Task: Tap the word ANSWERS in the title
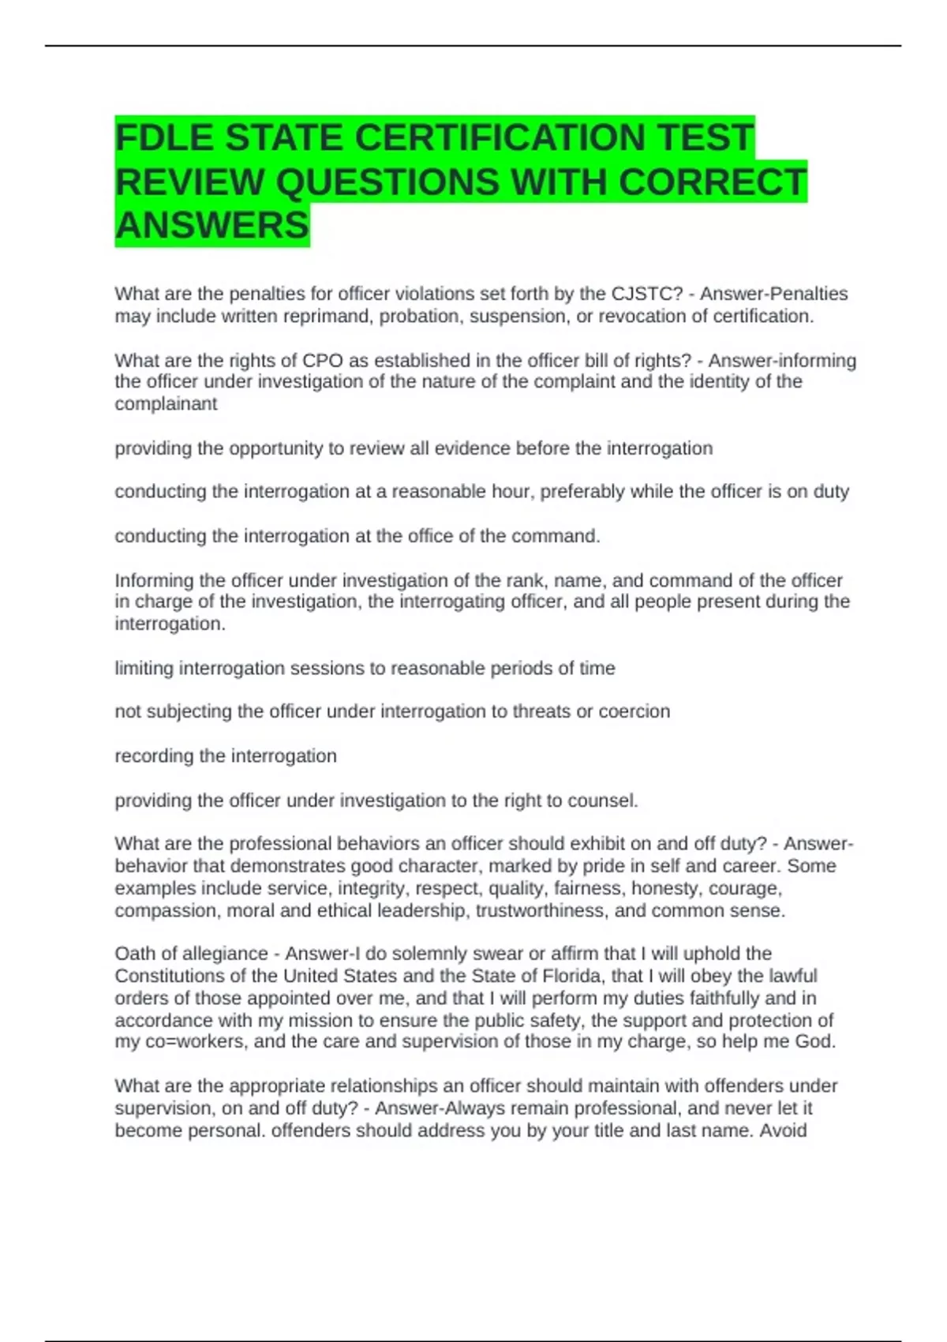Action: [211, 226]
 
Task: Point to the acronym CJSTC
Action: [642, 294]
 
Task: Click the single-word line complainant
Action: [166, 404]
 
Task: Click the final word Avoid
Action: [783, 1130]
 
